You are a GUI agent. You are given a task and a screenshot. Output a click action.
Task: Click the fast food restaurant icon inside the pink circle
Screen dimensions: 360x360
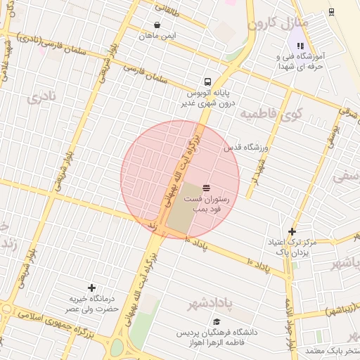click(x=206, y=188)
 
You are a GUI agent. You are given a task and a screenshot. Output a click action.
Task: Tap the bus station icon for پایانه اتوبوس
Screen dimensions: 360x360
click(x=207, y=81)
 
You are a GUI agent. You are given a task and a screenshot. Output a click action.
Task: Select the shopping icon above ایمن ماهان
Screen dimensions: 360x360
click(x=156, y=24)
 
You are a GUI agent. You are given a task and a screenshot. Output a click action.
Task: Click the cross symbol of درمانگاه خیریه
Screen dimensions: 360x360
click(x=91, y=288)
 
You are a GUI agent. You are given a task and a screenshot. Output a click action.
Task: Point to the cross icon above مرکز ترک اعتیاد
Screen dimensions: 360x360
click(x=292, y=231)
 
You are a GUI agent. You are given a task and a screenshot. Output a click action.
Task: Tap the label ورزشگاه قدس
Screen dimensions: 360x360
click(x=247, y=148)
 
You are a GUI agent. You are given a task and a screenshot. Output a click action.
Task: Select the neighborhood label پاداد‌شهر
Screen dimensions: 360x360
click(x=210, y=303)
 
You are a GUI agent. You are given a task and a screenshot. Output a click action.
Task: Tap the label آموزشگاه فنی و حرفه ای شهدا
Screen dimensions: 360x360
click(x=307, y=61)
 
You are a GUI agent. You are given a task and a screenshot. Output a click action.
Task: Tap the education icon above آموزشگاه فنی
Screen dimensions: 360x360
click(x=301, y=46)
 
